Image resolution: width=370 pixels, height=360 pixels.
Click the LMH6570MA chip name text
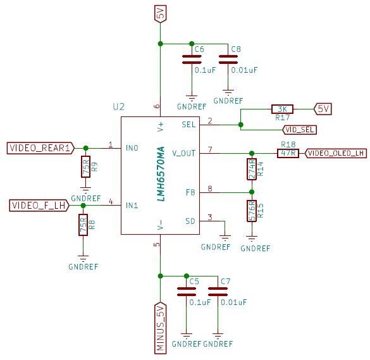(x=161, y=174)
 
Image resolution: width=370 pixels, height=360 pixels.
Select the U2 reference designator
(x=118, y=107)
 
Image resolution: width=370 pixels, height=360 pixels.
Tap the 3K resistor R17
(x=282, y=109)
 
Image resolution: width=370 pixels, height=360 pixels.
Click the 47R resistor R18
(x=288, y=153)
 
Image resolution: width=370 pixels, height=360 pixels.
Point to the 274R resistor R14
(x=252, y=169)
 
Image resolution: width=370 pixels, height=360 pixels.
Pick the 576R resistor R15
(x=252, y=211)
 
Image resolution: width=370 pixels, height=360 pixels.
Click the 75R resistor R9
(x=86, y=166)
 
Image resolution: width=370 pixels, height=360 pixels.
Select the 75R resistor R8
(x=83, y=225)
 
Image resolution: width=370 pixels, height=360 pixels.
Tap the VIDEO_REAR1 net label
(x=40, y=148)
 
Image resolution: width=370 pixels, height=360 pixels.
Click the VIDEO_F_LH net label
(x=39, y=206)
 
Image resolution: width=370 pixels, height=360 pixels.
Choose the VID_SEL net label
(x=299, y=130)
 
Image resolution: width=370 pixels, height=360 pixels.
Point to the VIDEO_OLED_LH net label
(x=336, y=153)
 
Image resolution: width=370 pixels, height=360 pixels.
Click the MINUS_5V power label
(x=161, y=328)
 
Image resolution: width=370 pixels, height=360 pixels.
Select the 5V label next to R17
(x=323, y=109)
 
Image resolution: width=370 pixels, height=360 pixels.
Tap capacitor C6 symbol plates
(x=192, y=59)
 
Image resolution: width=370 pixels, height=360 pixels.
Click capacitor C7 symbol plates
(x=218, y=292)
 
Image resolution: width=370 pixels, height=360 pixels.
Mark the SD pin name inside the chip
(x=190, y=221)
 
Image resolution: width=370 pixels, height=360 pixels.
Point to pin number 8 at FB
(x=210, y=189)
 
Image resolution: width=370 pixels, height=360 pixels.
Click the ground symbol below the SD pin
(x=225, y=238)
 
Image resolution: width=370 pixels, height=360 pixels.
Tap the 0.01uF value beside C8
(x=244, y=70)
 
